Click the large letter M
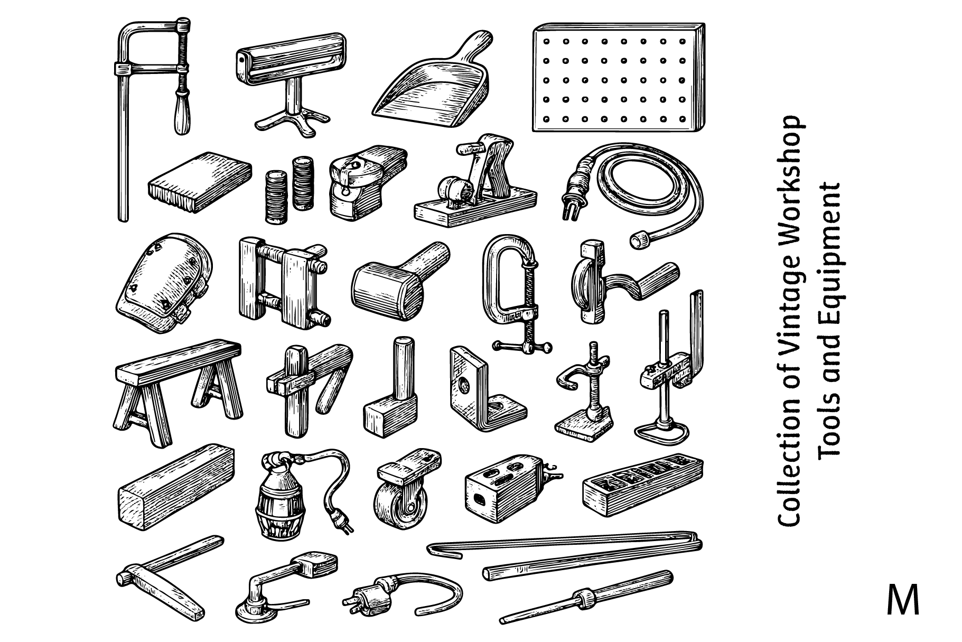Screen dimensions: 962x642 point(903,600)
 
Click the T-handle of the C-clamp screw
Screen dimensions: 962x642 point(523,346)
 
